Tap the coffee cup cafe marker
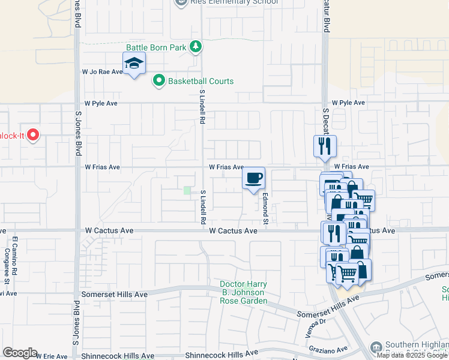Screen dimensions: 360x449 coord(254,178)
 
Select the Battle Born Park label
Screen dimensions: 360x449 coord(156,47)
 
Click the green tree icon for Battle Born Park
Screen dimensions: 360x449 coord(195,47)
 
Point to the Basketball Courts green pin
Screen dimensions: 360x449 coord(158,81)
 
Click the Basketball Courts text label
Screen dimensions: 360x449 coord(200,81)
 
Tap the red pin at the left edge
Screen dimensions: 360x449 coord(32,136)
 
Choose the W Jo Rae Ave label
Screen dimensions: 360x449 coord(102,71)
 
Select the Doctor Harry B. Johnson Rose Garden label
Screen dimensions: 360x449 coord(243,292)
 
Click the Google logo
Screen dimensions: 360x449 coord(20,353)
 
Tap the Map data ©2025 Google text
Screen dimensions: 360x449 coord(412,355)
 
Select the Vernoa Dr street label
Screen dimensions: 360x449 coord(313,322)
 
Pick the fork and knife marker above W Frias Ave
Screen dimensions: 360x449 coord(325,146)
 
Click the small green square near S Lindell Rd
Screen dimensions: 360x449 coord(187,191)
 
